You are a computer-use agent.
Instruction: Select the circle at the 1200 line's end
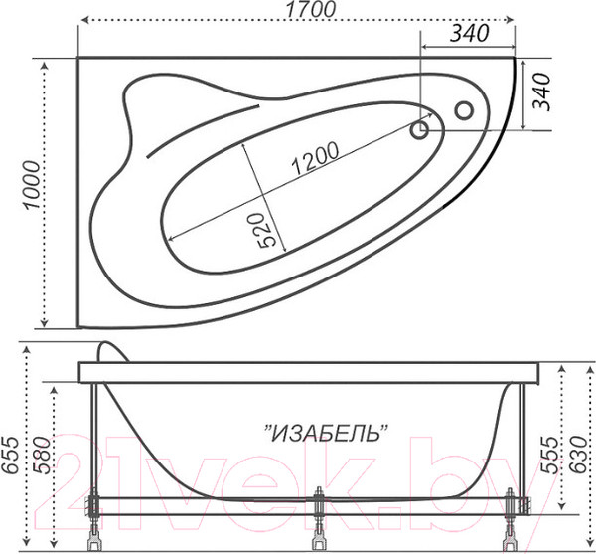tap(420, 128)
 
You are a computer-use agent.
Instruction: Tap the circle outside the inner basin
tap(463, 110)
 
